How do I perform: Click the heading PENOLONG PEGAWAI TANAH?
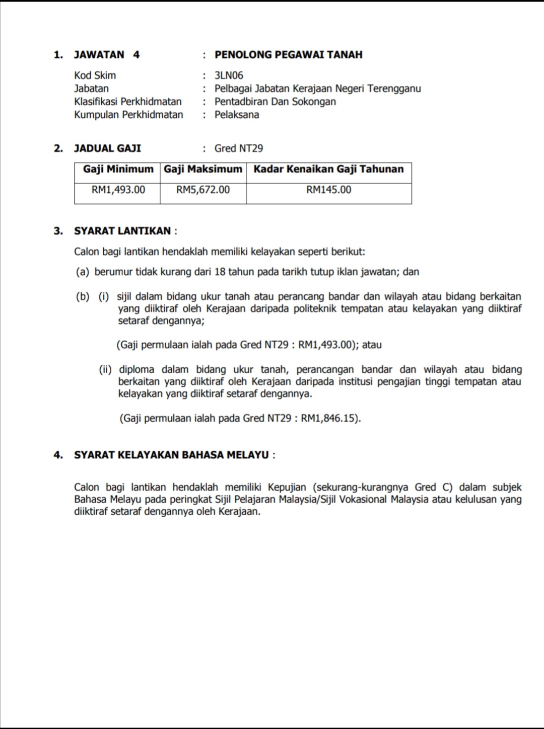288,55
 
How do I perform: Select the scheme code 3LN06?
229,75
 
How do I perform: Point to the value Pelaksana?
237,115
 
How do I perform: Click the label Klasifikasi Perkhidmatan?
128,102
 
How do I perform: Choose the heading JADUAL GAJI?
107,148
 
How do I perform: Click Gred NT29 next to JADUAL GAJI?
239,148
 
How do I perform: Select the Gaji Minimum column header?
118,170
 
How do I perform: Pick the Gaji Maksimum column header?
203,170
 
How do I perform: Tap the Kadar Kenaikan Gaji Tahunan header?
328,170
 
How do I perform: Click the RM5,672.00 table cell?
203,190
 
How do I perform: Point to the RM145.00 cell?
328,190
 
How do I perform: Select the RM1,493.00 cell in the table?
118,190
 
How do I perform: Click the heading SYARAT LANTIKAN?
122,231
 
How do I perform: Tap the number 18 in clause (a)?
220,272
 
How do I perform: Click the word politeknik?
315,308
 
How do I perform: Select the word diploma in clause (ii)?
137,370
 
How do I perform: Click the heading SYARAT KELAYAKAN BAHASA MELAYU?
171,455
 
